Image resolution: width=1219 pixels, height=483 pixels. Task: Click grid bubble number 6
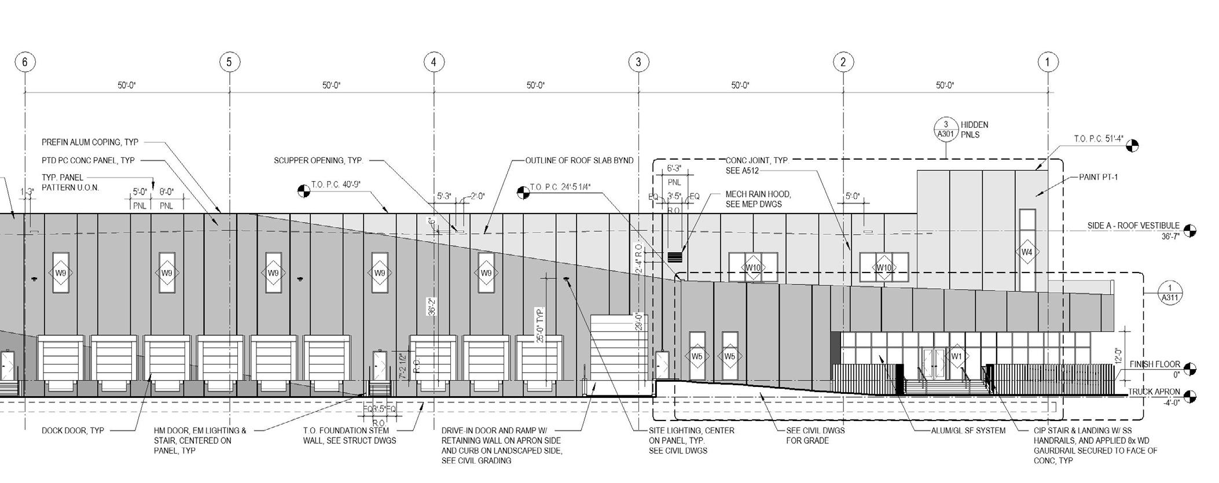25,62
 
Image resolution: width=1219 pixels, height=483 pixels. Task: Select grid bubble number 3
638,62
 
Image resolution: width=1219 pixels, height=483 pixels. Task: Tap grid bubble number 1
1048,62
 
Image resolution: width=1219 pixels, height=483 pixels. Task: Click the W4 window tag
1027,252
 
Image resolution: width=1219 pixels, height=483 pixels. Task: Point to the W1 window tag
956,356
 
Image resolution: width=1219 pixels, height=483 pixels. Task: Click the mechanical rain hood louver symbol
675,256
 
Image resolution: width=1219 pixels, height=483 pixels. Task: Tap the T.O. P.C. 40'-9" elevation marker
303,190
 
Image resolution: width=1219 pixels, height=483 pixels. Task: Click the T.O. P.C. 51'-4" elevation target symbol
1132,145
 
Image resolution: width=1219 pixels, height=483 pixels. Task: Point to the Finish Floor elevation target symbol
1189,369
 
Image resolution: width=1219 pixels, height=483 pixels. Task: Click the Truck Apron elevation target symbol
1189,397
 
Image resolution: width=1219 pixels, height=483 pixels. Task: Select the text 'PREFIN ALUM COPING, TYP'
90,142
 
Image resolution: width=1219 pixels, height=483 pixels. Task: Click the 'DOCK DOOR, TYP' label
73,431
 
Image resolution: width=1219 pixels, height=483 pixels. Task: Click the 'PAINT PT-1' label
1098,177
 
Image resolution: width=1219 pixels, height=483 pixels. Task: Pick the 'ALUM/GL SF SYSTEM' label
968,431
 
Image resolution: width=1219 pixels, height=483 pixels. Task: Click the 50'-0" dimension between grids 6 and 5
127,86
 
